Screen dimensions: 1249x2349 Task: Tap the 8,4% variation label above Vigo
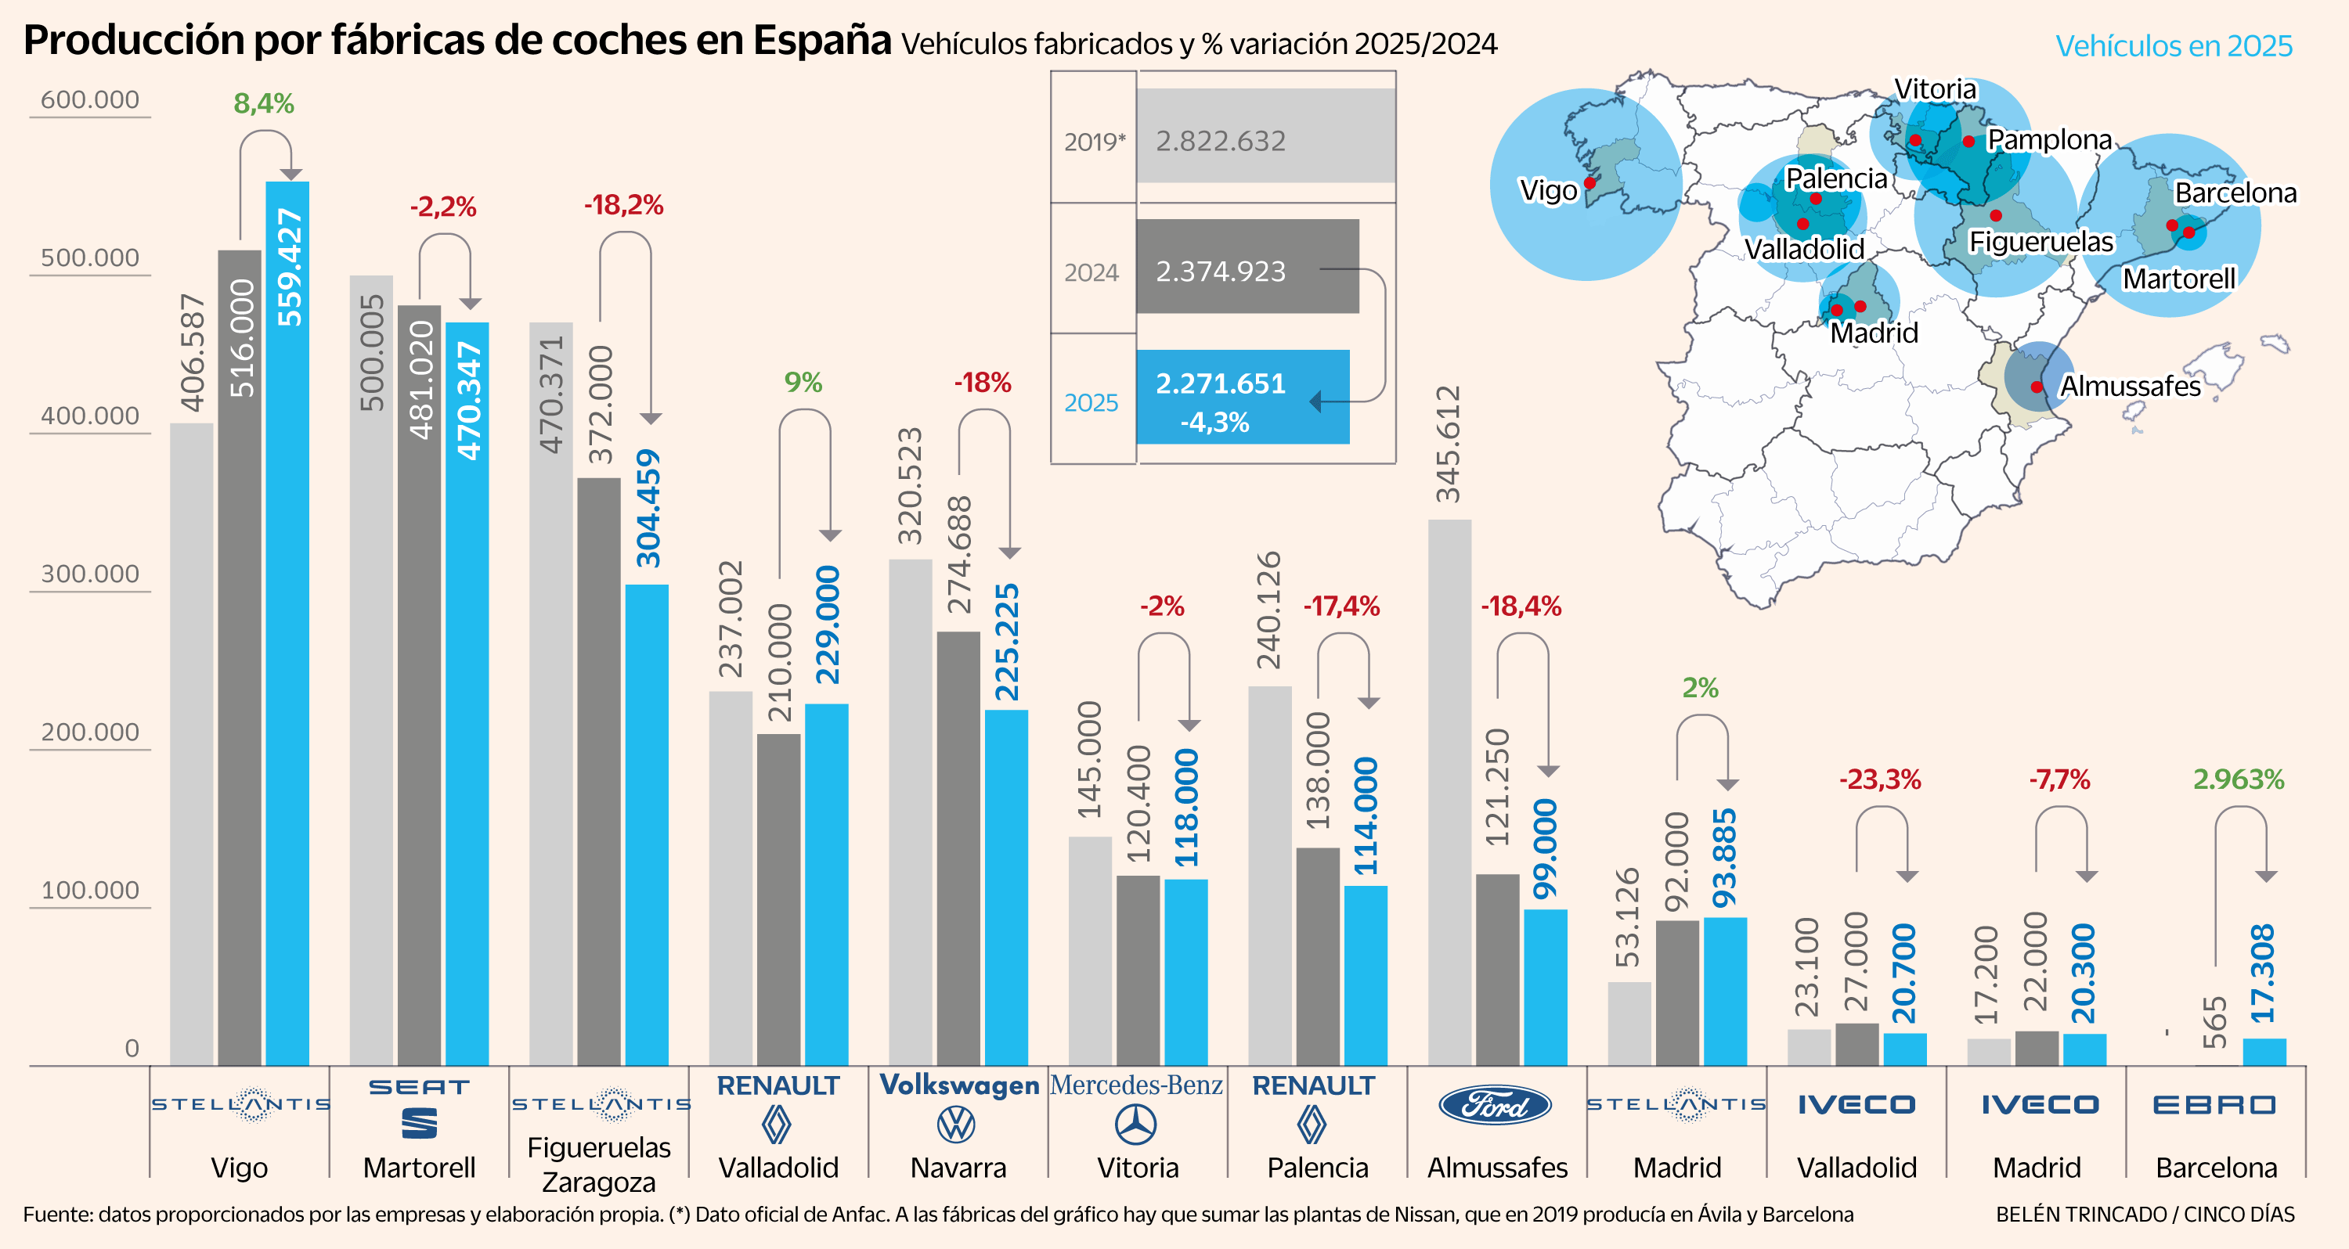point(264,104)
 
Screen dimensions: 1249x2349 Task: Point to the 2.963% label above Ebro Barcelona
point(2238,779)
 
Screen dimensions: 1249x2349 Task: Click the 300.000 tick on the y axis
point(89,574)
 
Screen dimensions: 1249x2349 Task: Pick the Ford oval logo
point(1495,1106)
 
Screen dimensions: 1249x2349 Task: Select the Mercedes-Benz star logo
point(1136,1124)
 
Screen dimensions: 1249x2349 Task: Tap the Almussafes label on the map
point(2129,387)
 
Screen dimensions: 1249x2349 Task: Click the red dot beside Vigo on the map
point(1589,183)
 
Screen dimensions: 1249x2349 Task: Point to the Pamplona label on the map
point(2049,139)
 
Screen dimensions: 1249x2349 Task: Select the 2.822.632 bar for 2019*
point(1265,136)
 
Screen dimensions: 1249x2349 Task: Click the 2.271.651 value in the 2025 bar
point(1220,383)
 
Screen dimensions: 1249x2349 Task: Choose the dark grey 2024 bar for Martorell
point(420,685)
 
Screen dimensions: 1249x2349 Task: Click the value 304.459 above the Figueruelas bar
point(648,508)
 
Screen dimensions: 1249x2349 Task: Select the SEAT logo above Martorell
point(420,1107)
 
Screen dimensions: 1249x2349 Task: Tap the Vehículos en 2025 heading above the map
point(2173,45)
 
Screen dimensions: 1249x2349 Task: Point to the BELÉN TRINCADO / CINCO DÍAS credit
point(2145,1215)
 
